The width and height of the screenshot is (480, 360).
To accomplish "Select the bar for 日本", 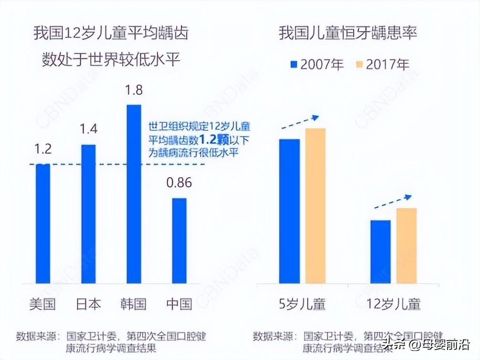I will tap(88, 214).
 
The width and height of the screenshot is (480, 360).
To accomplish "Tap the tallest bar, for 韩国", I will tap(134, 194).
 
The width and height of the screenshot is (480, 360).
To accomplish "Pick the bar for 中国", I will tap(179, 241).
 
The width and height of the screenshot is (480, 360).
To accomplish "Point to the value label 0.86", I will tap(179, 183).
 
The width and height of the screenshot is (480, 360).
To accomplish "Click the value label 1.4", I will tap(88, 129).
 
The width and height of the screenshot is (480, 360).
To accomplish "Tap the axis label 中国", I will tap(179, 304).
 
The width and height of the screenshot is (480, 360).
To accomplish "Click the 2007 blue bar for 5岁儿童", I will tap(290, 211).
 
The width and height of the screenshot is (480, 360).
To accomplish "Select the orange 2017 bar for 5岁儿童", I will tap(315, 206).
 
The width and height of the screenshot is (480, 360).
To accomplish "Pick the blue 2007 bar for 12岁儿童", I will tap(380, 252).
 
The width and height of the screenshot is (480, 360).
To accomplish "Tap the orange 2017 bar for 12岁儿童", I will tap(406, 246).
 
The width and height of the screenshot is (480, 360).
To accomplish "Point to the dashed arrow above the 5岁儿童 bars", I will tap(300, 122).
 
